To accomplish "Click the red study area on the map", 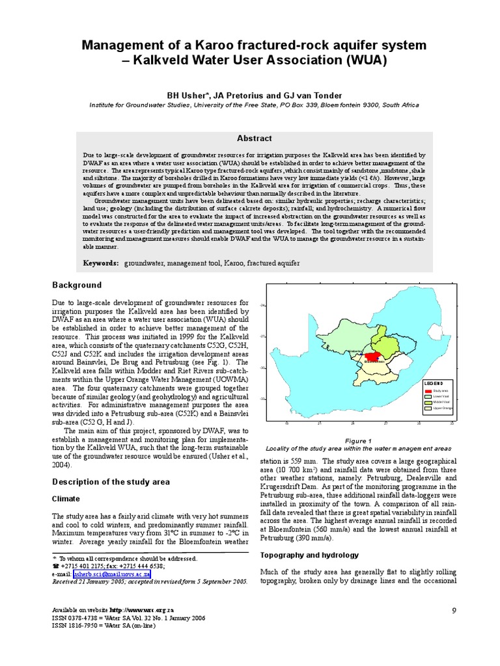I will (x=373, y=356).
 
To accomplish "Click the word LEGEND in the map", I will (x=434, y=383).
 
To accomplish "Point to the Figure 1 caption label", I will (x=358, y=440).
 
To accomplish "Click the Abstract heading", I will (x=254, y=139).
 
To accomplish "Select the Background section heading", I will (x=77, y=285).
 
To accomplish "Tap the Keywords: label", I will (x=101, y=263).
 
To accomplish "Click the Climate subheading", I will (x=66, y=498).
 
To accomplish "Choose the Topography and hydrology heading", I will (x=309, y=555).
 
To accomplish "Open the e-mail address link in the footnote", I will (x=112, y=574).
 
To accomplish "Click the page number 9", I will (x=453, y=609).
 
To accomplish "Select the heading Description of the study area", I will (x=111, y=482).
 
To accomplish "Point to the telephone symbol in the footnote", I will (x=55, y=566).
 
